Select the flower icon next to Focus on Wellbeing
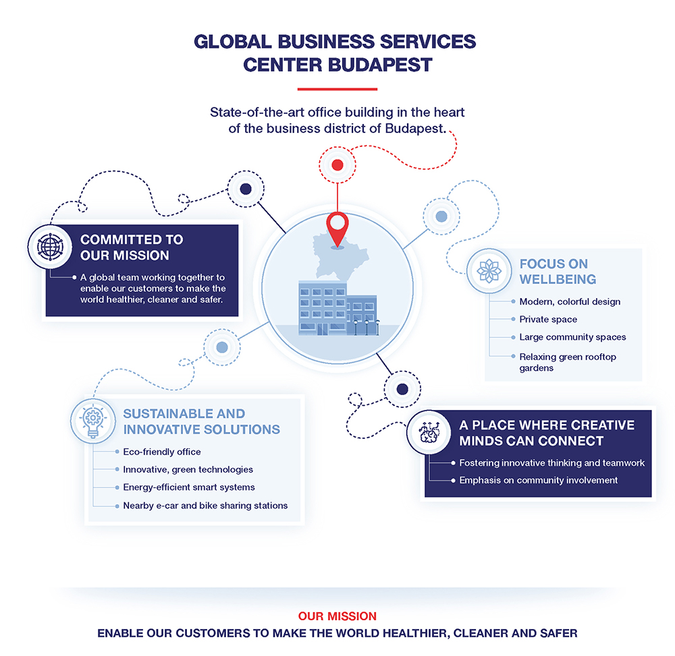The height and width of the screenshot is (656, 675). click(489, 270)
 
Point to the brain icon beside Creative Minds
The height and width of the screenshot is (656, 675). click(429, 433)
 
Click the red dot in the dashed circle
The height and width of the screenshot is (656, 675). click(337, 165)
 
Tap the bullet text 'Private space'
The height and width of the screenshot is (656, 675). click(548, 319)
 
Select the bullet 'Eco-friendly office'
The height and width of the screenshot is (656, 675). click(161, 452)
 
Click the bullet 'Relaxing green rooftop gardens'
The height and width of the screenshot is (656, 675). click(568, 362)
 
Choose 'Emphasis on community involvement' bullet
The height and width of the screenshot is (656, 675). click(538, 480)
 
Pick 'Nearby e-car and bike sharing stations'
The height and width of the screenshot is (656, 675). click(205, 505)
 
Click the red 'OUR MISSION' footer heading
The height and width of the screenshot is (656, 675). click(337, 616)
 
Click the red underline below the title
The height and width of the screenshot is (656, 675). click(337, 88)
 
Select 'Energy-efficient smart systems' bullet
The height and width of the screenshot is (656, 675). click(188, 487)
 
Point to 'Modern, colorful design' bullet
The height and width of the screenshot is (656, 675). click(570, 301)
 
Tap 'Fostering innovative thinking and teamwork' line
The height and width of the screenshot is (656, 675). click(551, 463)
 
